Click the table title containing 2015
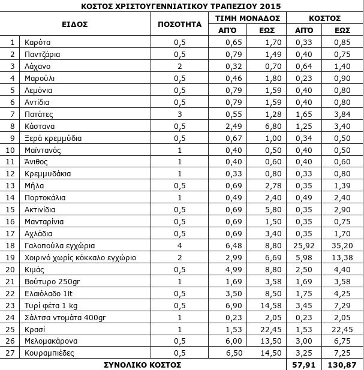(x=182, y=6)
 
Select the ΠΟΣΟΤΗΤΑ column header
(x=178, y=25)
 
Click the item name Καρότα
(x=38, y=43)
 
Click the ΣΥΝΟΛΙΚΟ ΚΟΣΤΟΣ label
(x=143, y=364)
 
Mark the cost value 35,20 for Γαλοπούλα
(x=341, y=245)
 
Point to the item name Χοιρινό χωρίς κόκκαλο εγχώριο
(x=80, y=257)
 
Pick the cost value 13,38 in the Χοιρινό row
(x=341, y=257)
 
